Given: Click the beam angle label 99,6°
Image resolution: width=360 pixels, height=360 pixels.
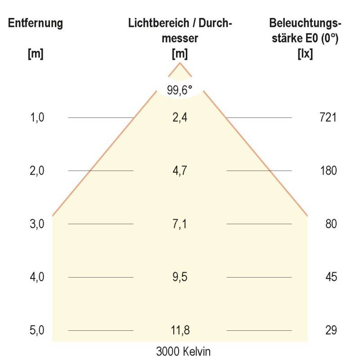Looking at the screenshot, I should (180, 90).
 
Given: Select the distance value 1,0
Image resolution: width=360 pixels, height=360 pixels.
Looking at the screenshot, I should (37, 118).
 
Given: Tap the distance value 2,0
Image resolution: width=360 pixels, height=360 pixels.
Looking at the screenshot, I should (37, 171).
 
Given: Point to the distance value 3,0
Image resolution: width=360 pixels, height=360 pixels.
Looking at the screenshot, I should (37, 224).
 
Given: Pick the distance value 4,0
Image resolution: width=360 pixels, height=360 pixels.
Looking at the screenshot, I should (37, 277).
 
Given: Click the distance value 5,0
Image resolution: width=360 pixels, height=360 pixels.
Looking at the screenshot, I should (37, 330).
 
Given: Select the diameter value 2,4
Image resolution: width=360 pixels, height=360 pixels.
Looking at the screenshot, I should (180, 118).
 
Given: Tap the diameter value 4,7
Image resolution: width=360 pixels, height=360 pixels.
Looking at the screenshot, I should (180, 171).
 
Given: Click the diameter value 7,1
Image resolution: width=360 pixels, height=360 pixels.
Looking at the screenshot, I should (180, 224).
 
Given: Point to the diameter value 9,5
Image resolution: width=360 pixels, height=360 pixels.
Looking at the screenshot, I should (180, 277).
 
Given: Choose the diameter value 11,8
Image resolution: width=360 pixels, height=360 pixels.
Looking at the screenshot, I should (180, 330).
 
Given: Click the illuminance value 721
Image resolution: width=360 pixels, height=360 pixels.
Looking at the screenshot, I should (328, 118).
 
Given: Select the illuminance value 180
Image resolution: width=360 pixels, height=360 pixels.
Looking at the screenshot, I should (328, 171).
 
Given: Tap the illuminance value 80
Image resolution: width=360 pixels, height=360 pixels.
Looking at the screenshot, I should (331, 224).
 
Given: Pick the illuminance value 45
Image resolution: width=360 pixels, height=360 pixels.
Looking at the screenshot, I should (331, 277).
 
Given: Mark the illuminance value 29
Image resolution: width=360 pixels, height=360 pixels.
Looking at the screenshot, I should (331, 330).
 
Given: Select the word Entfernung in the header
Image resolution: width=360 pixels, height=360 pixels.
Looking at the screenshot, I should (36, 24).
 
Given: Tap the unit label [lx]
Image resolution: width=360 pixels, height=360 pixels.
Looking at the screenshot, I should (305, 54).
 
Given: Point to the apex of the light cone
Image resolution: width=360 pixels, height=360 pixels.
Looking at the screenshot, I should (180, 63).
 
